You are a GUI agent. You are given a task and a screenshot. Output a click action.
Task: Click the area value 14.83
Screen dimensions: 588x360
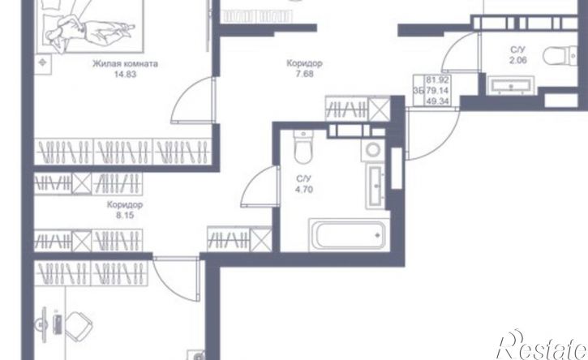point(125,75)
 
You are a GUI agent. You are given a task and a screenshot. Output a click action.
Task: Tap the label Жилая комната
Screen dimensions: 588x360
point(125,64)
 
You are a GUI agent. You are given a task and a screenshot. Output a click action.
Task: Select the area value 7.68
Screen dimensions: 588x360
point(304,75)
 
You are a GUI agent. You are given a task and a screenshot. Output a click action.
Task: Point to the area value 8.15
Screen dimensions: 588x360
point(125,216)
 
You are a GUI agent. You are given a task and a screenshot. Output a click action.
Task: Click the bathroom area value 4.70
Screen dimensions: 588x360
point(304,190)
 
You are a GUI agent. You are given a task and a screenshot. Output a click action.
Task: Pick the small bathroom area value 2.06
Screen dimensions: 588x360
point(518,60)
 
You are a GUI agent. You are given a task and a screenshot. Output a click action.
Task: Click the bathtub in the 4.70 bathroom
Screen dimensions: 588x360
point(349,235)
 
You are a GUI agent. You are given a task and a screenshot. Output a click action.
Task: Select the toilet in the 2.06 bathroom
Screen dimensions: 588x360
point(560,56)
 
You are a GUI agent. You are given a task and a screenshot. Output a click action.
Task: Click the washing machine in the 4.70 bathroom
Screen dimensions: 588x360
point(373,150)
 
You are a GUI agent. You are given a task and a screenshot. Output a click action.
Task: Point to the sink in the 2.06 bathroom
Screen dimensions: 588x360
point(511,86)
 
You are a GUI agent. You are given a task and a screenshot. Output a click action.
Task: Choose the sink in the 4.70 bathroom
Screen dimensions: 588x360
point(375,186)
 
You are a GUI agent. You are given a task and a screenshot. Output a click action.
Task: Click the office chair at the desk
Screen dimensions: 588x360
point(79,326)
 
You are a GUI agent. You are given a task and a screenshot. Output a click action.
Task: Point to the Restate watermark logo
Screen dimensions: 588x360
point(543,345)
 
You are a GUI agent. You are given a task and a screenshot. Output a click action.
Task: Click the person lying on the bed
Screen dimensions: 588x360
point(90,30)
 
